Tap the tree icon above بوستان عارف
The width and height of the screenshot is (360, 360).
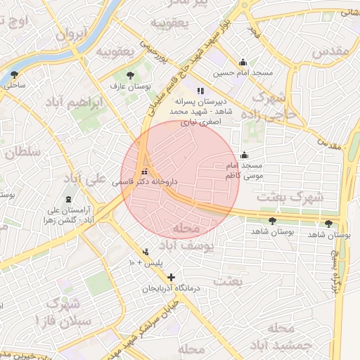click(x=130, y=75)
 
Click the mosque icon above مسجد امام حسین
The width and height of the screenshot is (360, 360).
click(x=243, y=62)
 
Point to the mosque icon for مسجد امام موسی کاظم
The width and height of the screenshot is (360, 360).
click(x=245, y=155)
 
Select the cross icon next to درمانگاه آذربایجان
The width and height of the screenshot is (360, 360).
click(x=171, y=278)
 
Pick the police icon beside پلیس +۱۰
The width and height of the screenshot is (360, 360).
click(x=146, y=252)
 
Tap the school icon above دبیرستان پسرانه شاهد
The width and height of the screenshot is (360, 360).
click(x=200, y=91)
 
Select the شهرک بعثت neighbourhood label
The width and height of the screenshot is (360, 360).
click(x=289, y=198)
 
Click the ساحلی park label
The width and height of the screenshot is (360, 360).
click(x=15, y=85)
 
